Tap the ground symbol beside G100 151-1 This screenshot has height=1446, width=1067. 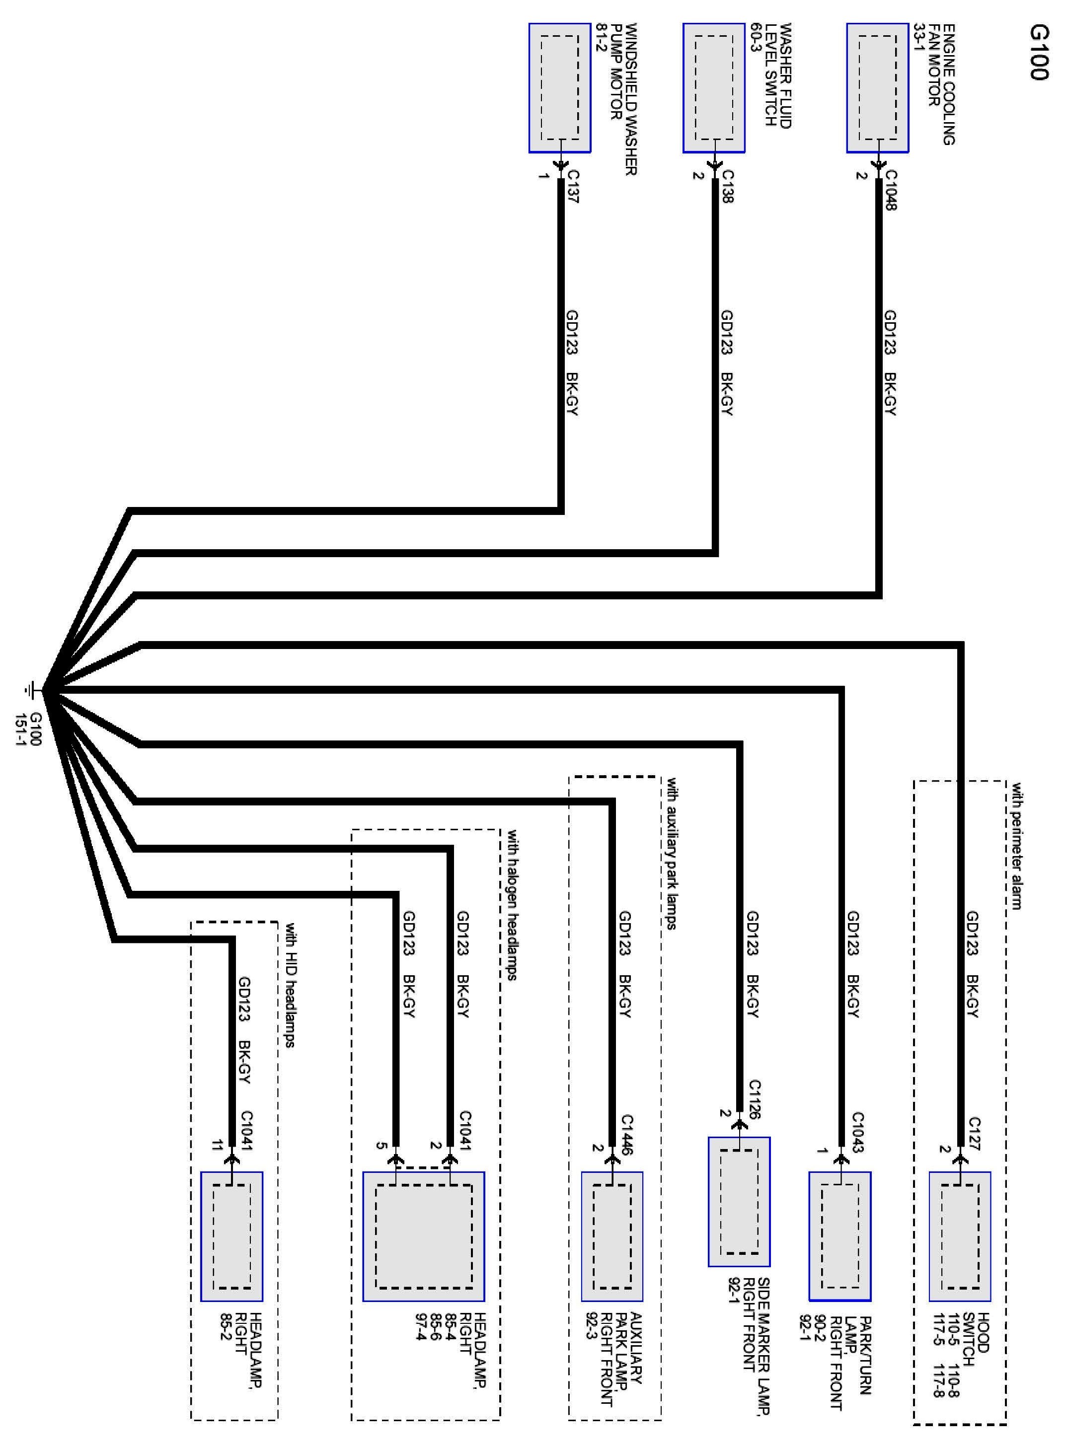pyautogui.click(x=30, y=690)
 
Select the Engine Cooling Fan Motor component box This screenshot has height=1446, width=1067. pyautogui.click(x=877, y=88)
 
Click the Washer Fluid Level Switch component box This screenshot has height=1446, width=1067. pyautogui.click(x=714, y=88)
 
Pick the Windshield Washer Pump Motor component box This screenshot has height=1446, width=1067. pyautogui.click(x=559, y=88)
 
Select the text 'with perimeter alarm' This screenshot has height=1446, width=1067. pyautogui.click(x=1016, y=846)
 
